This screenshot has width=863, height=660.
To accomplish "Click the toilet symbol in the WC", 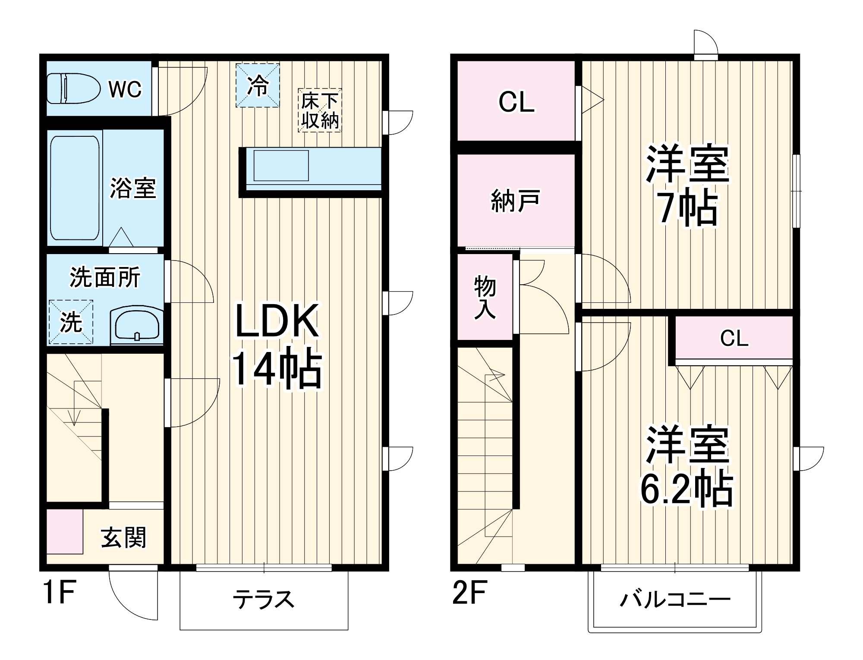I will coord(72,88).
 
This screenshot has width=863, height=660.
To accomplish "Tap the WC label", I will coord(125,89).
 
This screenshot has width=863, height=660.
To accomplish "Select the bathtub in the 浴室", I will coord(74,189).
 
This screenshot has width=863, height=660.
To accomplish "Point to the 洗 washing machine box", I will coord(71,322).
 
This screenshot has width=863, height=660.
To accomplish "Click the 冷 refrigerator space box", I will coord(258,85).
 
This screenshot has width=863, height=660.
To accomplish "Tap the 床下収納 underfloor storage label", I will coord(320,110).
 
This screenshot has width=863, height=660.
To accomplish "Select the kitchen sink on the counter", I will coord(281,166).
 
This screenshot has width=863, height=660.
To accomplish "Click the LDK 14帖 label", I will coord(277,345).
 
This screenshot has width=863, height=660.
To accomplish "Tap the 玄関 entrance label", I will coord(123,537).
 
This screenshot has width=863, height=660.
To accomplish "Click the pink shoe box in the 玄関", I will coord(64,531).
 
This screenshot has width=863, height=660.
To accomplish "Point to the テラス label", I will coord(263,599).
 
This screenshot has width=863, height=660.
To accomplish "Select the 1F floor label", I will coord(60,593).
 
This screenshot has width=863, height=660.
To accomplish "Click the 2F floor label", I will coord(470,593).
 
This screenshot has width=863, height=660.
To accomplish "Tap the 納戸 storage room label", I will coord(515,201).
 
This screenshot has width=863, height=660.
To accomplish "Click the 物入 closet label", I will coord(485,298).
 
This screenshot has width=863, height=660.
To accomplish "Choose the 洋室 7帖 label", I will coord(687,185).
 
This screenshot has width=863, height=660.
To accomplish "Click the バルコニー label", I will coord(675,600).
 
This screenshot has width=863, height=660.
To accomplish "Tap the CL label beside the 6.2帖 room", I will coord(734,338).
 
